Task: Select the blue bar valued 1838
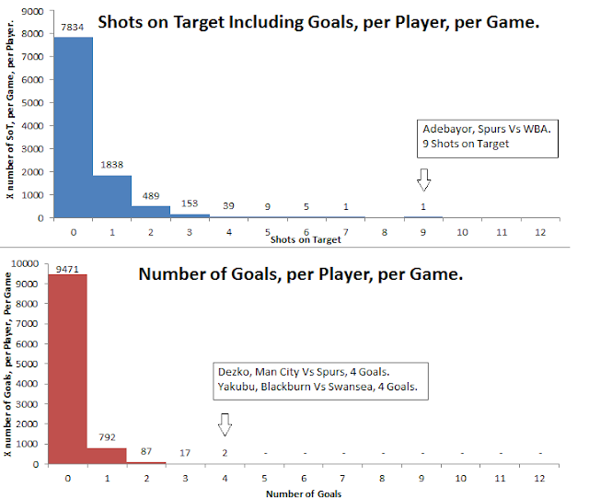click(112, 196)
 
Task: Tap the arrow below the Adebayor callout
click(424, 178)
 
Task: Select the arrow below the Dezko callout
click(225, 424)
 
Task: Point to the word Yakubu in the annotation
click(238, 388)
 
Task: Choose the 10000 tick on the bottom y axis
click(29, 263)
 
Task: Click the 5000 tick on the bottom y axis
click(31, 364)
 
